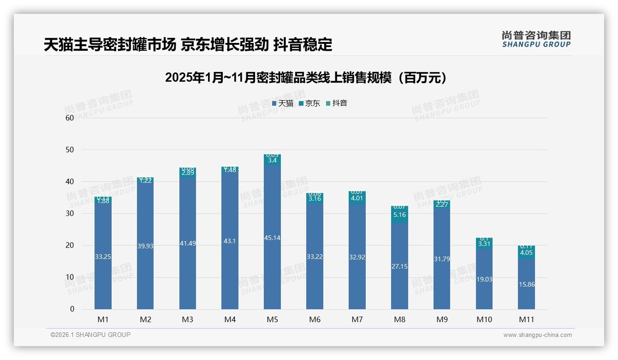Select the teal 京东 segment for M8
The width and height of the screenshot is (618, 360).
[x=399, y=215]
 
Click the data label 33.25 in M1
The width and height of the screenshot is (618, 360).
[x=103, y=257]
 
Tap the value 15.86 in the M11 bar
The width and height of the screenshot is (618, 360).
[x=526, y=284]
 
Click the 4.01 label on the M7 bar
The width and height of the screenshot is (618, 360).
[x=357, y=198]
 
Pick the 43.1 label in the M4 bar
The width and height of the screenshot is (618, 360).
[x=230, y=241]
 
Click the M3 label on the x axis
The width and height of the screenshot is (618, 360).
[x=187, y=319]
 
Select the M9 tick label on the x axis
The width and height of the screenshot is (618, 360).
[x=441, y=319]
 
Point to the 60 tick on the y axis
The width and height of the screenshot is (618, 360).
[x=70, y=118]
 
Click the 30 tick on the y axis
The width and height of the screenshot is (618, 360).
[x=70, y=213]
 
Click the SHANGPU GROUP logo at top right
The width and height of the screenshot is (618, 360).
[x=536, y=39]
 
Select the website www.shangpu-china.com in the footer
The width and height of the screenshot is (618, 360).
[x=537, y=335]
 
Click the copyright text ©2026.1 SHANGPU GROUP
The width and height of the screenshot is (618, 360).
[x=90, y=335]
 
